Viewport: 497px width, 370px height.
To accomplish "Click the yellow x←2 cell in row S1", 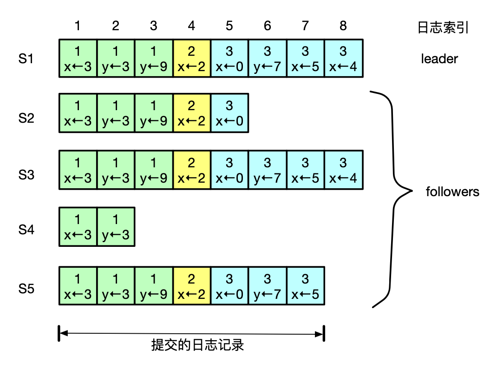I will pyautogui.click(x=191, y=58).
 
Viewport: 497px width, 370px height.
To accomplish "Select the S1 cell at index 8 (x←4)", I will pyautogui.click(x=343, y=58).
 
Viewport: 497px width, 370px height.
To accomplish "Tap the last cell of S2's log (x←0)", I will pyautogui.click(x=229, y=113).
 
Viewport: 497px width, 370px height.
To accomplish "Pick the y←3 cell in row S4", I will pyautogui.click(x=116, y=227).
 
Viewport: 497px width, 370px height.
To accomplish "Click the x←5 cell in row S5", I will pyautogui.click(x=305, y=286).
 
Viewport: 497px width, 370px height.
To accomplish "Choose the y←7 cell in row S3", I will pyautogui.click(x=267, y=170).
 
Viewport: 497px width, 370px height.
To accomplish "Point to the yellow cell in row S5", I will pyautogui.click(x=191, y=286).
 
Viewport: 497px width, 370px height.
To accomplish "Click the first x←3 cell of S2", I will pyautogui.click(x=78, y=113).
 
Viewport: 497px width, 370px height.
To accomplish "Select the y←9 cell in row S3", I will pyautogui.click(x=153, y=170).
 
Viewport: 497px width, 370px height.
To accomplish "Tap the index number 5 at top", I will pyautogui.click(x=229, y=26).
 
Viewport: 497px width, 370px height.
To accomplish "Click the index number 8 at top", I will pyautogui.click(x=343, y=26).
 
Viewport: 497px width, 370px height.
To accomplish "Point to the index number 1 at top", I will pyautogui.click(x=78, y=26).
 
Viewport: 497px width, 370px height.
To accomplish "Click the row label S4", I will pyautogui.click(x=26, y=230).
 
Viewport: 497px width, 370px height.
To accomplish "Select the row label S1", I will pyautogui.click(x=26, y=59).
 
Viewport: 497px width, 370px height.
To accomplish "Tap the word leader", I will pyautogui.click(x=439, y=59).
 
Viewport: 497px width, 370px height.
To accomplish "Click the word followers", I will pyautogui.click(x=452, y=192).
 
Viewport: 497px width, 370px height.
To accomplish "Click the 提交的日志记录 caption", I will pyautogui.click(x=197, y=345).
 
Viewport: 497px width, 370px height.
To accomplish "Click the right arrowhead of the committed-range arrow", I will pyautogui.click(x=319, y=333).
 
